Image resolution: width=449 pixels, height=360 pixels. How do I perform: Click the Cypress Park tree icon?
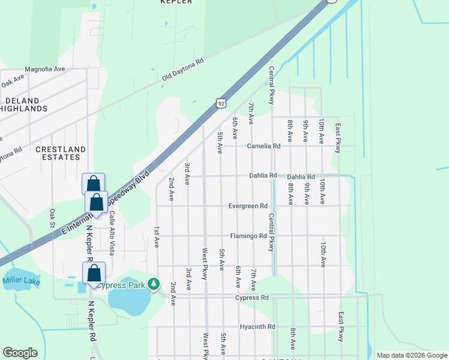tap(154, 283)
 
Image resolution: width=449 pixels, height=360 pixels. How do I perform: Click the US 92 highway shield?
tap(222, 103)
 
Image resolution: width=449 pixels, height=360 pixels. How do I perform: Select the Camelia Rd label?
tap(264, 146)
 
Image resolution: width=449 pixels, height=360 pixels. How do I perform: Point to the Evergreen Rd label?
tap(248, 206)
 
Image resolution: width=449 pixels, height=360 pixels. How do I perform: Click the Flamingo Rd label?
tap(248, 236)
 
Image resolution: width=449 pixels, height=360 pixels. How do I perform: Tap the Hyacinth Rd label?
tap(257, 327)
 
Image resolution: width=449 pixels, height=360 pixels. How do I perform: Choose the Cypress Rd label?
tap(252, 298)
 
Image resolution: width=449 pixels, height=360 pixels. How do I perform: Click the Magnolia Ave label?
tap(44, 69)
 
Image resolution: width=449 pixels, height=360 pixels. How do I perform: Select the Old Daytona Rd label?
tap(183, 70)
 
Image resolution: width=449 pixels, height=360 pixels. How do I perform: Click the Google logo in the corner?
tap(20, 353)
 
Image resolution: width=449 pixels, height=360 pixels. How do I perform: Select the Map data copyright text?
tap(412, 355)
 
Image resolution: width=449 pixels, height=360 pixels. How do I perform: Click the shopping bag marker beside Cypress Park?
tap(94, 273)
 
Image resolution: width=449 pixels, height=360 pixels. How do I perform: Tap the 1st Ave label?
tap(157, 237)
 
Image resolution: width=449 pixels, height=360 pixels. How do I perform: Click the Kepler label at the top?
tap(176, 2)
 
